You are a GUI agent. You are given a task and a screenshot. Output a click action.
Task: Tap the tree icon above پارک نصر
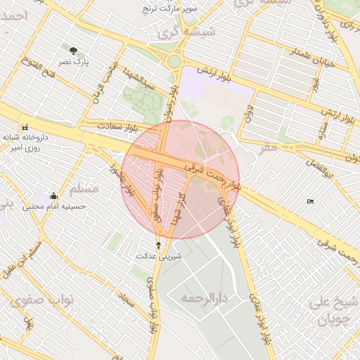74,51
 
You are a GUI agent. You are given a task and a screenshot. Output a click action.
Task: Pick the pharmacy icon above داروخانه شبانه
25,127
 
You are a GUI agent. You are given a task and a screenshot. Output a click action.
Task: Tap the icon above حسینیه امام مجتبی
53,195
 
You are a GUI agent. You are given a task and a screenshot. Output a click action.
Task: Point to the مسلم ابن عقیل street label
25,259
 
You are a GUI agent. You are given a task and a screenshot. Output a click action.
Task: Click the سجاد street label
127,302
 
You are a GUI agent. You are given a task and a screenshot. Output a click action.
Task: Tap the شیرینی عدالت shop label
159,256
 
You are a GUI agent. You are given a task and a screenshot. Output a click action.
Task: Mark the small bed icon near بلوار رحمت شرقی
311,202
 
